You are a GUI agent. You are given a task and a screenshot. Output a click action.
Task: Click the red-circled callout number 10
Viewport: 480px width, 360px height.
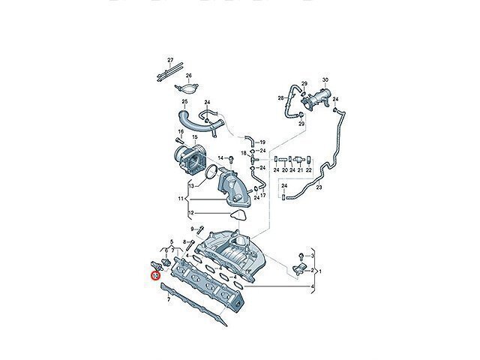155,276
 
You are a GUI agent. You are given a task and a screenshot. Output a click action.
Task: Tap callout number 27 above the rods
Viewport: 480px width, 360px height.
170,60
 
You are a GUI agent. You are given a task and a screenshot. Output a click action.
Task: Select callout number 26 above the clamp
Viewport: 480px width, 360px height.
188,75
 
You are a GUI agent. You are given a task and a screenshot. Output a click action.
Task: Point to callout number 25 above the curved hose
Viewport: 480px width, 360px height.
184,101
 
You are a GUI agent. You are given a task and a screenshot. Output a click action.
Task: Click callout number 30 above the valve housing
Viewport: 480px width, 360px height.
325,80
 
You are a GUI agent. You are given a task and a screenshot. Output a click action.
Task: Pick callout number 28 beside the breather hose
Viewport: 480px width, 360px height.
280,98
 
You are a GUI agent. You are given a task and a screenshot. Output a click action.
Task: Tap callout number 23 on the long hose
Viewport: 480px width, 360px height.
319,187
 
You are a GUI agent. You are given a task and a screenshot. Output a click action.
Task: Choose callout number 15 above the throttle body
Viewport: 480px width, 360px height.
195,136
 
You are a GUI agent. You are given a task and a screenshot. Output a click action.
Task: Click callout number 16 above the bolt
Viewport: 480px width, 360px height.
181,132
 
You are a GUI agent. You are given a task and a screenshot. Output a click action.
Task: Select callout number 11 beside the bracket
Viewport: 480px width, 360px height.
180,199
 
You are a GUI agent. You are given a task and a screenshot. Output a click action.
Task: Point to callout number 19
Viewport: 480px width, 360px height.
262,142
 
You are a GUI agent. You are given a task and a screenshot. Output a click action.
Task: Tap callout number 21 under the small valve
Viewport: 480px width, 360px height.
300,170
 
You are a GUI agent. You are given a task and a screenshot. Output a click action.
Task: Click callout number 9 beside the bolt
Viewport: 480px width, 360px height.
192,229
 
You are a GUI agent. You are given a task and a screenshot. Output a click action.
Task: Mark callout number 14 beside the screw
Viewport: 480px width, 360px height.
220,158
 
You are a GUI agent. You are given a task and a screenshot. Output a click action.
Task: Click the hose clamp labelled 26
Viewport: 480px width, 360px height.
187,89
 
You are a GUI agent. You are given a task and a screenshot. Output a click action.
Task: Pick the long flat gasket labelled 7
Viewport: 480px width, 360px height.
193,304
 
